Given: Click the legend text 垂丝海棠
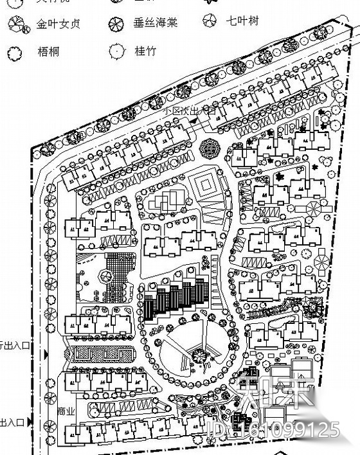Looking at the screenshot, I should pyautogui.click(x=155, y=22).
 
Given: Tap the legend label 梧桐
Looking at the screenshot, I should pyautogui.click(x=48, y=51).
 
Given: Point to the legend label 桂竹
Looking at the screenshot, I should pyautogui.click(x=145, y=50).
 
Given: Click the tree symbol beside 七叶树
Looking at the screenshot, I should pyautogui.click(x=210, y=20).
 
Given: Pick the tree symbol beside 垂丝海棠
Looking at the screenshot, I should pyautogui.click(x=116, y=24).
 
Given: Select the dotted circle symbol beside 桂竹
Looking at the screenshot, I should pyautogui.click(x=116, y=50).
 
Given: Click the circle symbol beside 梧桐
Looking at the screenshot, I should pyautogui.click(x=16, y=53).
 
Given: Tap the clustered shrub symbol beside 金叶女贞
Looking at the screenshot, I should pyautogui.click(x=17, y=26).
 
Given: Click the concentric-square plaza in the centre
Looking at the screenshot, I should pyautogui.click(x=207, y=185).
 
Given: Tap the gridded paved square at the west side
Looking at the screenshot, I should pyautogui.click(x=117, y=269).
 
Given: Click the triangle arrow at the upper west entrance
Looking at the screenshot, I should pyautogui.click(x=46, y=354).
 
